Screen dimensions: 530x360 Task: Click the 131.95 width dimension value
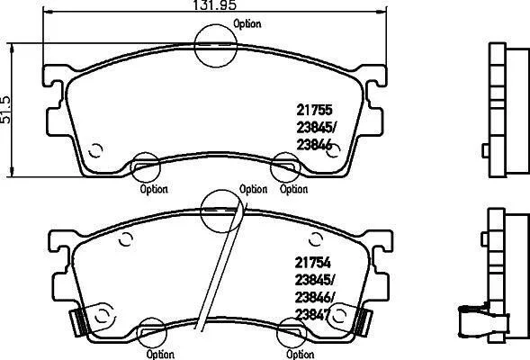coord(214,4)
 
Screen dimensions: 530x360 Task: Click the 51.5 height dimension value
coord(5,109)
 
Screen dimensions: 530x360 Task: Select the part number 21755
coord(315,110)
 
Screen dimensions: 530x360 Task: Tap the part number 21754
coord(312,262)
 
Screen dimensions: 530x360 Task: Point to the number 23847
coord(312,315)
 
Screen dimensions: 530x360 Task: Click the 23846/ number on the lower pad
coord(314,298)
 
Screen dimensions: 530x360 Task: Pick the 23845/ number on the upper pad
coord(316,128)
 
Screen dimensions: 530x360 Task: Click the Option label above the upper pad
coord(247,24)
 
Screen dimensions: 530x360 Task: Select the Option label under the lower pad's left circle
coord(160,355)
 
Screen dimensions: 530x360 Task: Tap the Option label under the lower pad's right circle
coord(301,355)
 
